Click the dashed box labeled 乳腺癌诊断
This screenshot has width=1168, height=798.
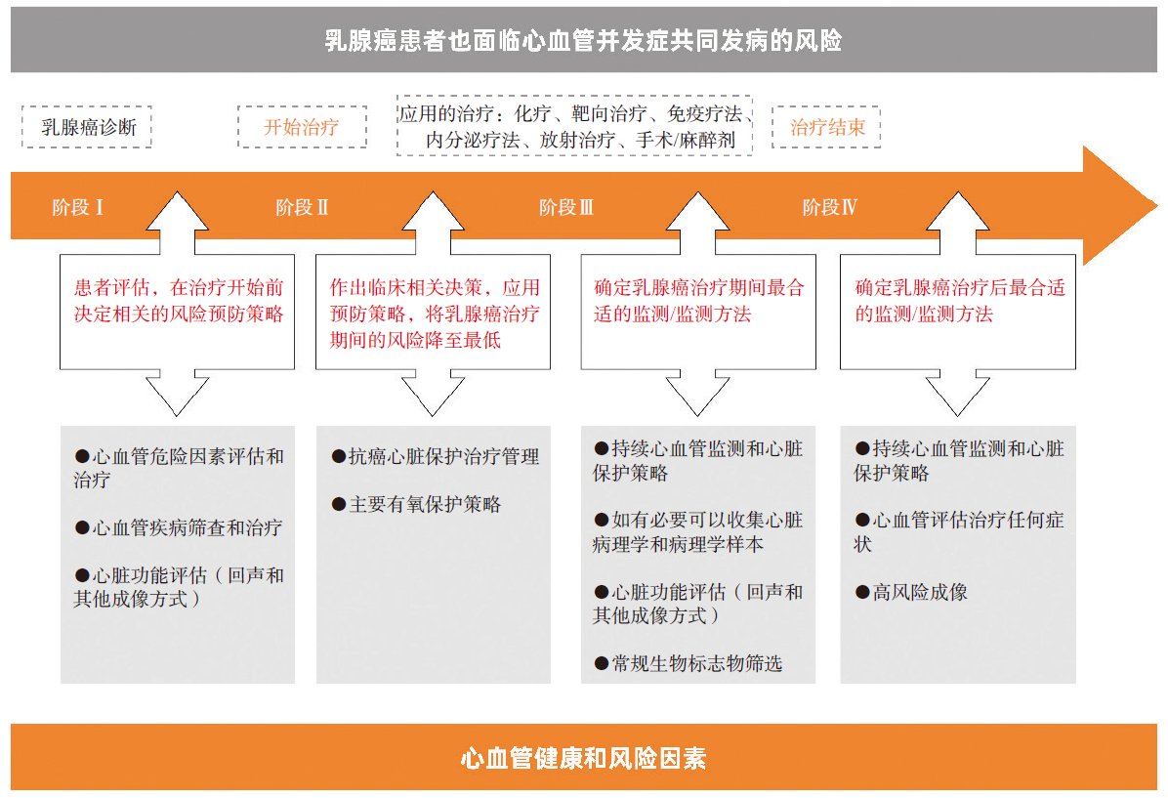click(x=87, y=127)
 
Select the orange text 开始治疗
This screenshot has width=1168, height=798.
click(x=302, y=127)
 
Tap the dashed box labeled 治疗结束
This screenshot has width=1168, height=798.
click(x=826, y=127)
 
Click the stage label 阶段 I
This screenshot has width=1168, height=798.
click(x=77, y=207)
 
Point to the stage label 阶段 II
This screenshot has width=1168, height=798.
click(x=302, y=207)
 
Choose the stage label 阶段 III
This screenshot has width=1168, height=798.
click(x=566, y=207)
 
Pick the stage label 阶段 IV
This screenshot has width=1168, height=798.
click(x=830, y=207)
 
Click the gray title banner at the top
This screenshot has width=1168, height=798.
click(x=583, y=39)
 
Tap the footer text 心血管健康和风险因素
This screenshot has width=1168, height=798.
click(x=583, y=759)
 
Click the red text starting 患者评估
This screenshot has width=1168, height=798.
click(x=179, y=300)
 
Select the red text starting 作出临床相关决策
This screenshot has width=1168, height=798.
click(x=435, y=314)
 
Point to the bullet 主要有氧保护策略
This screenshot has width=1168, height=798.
click(x=416, y=504)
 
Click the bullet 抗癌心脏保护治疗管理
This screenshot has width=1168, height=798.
click(x=435, y=457)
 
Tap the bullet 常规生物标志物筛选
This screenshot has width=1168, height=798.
click(x=688, y=663)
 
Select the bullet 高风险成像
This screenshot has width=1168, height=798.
click(x=912, y=592)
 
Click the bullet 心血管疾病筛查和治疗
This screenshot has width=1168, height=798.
click(x=179, y=528)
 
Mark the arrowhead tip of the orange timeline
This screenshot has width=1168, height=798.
click(x=1157, y=206)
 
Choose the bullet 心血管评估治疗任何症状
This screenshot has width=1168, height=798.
click(x=959, y=532)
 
